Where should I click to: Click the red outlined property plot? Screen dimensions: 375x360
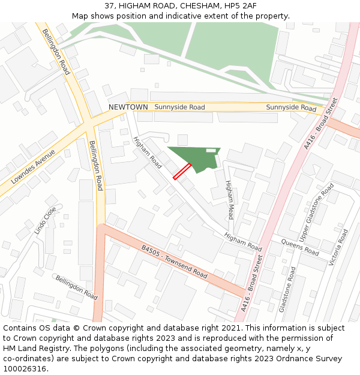(182, 172)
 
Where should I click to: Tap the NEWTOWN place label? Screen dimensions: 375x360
(128, 107)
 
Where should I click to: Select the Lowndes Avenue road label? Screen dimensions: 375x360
(33, 167)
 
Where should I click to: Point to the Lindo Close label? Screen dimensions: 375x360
(45, 221)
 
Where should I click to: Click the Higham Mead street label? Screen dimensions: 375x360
(229, 199)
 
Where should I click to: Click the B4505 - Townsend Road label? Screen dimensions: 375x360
(174, 262)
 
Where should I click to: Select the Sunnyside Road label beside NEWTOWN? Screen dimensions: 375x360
(179, 107)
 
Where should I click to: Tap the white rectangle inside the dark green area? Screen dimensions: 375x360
(211, 150)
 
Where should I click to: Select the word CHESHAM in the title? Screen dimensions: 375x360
(179, 6)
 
